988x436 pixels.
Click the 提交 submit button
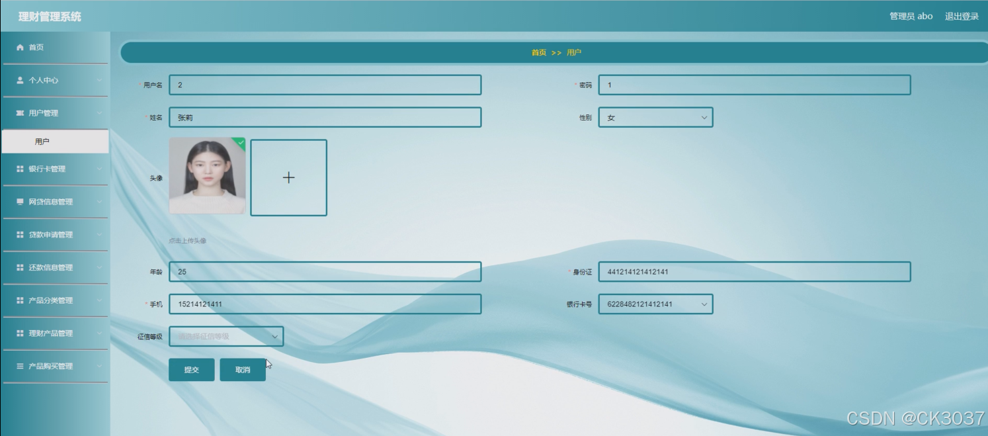click(x=191, y=370)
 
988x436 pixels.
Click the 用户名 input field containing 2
click(x=325, y=85)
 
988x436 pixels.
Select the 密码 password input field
click(x=754, y=85)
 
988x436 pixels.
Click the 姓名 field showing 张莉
click(x=325, y=118)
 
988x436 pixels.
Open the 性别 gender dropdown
click(x=655, y=118)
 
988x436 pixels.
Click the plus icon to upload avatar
click(x=288, y=177)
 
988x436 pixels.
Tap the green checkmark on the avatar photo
click(x=241, y=142)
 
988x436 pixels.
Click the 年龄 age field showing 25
click(x=325, y=272)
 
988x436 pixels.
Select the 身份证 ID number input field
click(x=754, y=272)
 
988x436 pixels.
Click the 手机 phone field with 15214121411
click(x=325, y=304)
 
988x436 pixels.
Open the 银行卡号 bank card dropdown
click(x=655, y=304)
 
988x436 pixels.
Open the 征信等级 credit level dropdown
click(x=226, y=337)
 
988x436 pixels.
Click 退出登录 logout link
click(x=962, y=17)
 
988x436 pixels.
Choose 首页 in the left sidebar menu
click(x=36, y=48)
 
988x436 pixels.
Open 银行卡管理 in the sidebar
click(x=48, y=169)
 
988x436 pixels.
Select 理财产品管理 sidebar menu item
click(x=51, y=333)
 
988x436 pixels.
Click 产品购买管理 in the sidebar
click(x=51, y=367)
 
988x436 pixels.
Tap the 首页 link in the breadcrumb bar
click(x=539, y=53)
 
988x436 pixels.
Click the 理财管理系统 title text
click(x=50, y=17)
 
